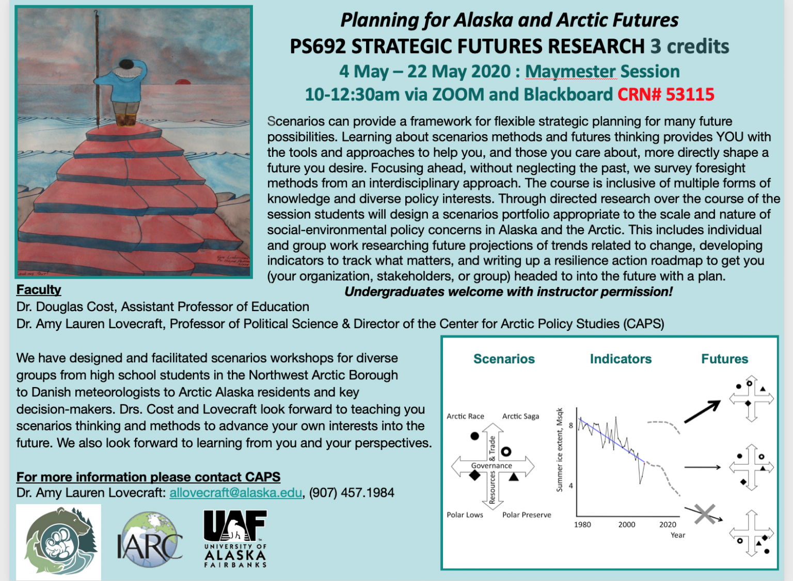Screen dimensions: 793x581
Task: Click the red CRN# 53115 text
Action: (666, 94)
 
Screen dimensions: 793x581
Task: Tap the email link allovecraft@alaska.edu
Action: (236, 493)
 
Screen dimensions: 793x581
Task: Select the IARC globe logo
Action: (150, 539)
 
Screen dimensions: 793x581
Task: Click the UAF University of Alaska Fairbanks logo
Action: (235, 538)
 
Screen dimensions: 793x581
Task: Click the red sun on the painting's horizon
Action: (183, 82)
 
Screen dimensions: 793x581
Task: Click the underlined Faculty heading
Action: (39, 289)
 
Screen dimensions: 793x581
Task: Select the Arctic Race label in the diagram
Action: (465, 416)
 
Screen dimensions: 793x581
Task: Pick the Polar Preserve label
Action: (527, 515)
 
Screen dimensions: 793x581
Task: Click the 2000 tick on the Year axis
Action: (627, 524)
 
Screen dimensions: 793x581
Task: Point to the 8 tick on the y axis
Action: (570, 425)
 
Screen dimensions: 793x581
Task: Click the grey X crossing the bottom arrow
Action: (705, 514)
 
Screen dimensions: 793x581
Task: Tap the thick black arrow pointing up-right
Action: (702, 412)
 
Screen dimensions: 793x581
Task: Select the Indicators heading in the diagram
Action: (621, 359)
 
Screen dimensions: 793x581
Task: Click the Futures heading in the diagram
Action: (725, 359)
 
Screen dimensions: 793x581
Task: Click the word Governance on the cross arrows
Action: (491, 465)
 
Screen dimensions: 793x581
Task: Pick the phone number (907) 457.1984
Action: (352, 493)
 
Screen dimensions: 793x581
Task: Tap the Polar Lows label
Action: (465, 515)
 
